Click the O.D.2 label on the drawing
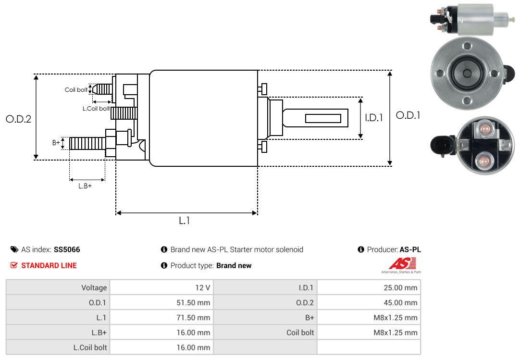(19, 119)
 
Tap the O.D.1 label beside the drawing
(408, 115)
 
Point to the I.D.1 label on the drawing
(374, 118)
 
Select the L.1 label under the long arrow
(185, 221)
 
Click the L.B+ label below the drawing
(85, 186)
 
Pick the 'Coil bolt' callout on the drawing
(76, 90)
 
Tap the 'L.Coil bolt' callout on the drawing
(96, 108)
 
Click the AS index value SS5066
(67, 249)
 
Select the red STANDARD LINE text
(49, 265)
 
